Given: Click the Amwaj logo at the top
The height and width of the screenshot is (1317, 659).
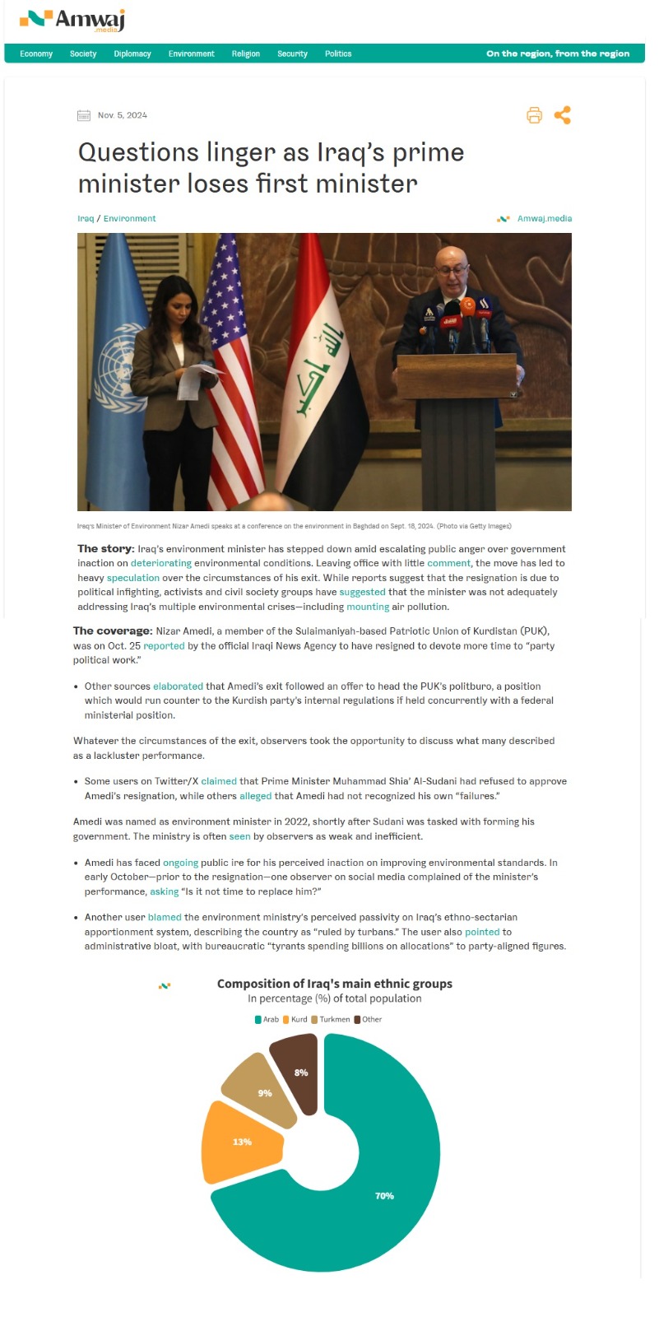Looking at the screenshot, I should click(x=72, y=20).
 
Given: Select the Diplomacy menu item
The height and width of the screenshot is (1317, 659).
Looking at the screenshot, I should click(x=132, y=54).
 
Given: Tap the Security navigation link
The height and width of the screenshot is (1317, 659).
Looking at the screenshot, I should click(x=292, y=54).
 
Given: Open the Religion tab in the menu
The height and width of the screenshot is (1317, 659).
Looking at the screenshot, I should click(x=245, y=54).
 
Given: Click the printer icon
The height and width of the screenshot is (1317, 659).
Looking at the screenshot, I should click(x=535, y=115).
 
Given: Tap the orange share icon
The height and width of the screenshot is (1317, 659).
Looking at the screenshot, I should click(x=563, y=115).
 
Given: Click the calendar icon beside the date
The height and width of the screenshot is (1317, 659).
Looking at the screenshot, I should click(x=84, y=115).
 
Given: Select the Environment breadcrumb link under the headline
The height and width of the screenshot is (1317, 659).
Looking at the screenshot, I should click(x=129, y=218).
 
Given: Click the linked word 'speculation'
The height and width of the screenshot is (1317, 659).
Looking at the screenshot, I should click(x=133, y=578).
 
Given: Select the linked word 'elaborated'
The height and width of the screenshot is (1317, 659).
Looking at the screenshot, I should click(x=178, y=686).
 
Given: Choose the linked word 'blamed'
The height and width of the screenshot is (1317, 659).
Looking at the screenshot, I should click(x=165, y=917).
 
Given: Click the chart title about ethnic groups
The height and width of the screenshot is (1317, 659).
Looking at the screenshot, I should click(x=334, y=984).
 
